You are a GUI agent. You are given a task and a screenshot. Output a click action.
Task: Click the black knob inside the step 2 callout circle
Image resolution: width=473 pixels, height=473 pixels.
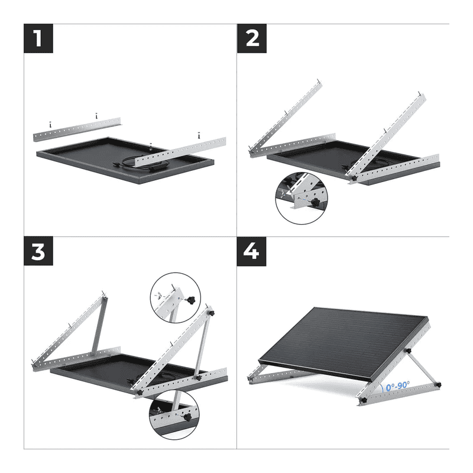(x=315, y=203)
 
